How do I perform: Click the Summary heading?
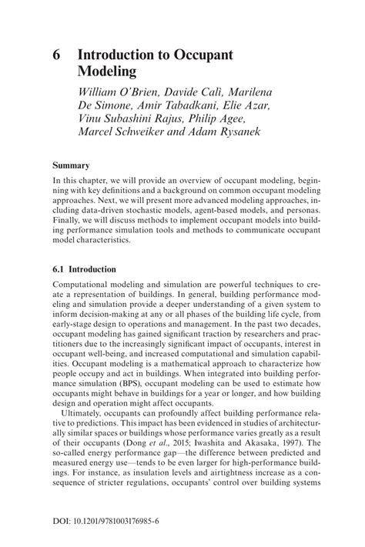tap(71, 165)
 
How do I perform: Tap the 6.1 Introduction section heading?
tap(84, 270)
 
